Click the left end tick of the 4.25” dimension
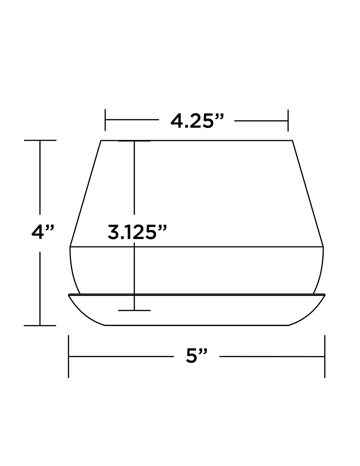pyautogui.click(x=105, y=120)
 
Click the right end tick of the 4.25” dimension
pyautogui.click(x=288, y=121)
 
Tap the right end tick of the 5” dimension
pyautogui.click(x=325, y=356)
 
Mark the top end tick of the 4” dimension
pyautogui.click(x=40, y=140)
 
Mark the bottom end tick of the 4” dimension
pyautogui.click(x=40, y=326)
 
